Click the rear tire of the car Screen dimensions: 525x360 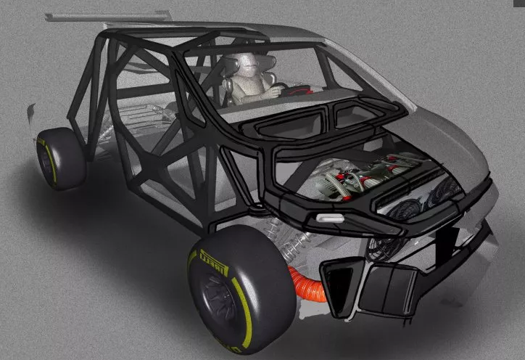tap(60, 158)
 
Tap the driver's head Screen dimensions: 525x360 tap(249, 65)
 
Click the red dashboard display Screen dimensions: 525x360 tap(300, 90)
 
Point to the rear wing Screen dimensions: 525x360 tap(108, 16)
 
